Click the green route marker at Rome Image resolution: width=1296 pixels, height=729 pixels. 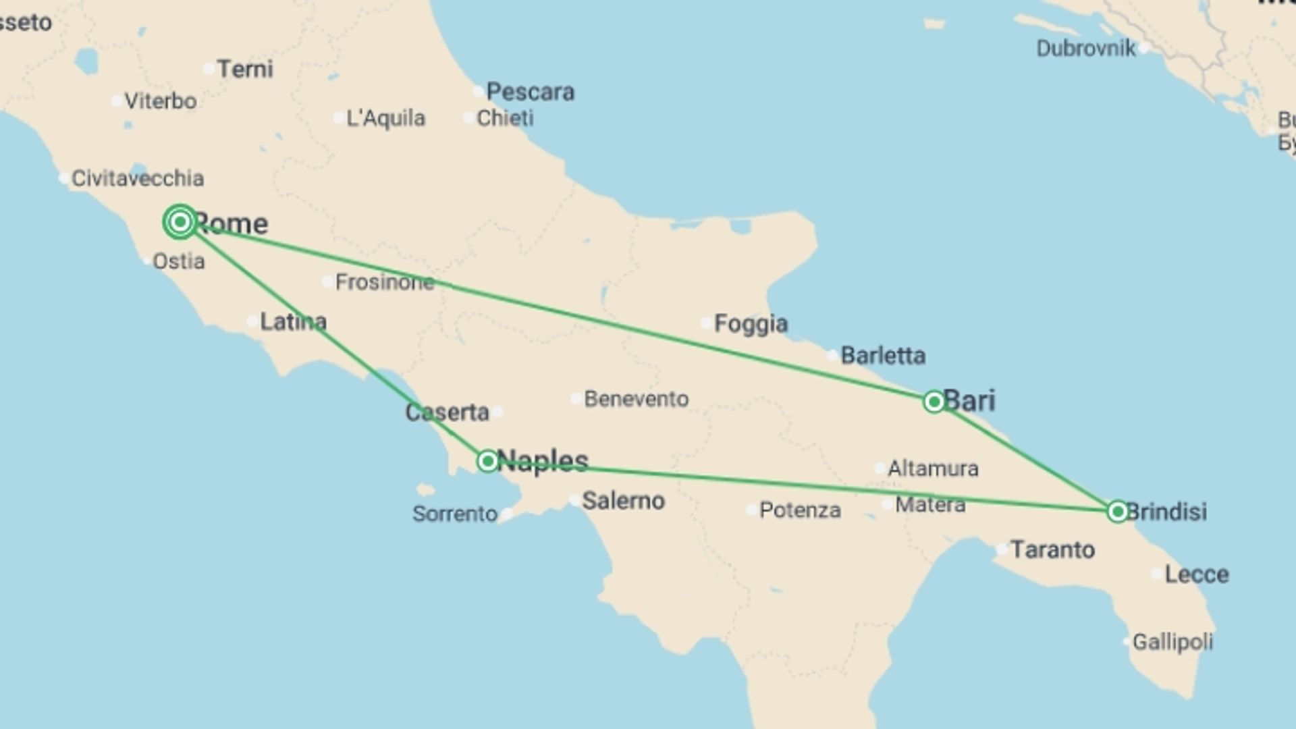pos(180,221)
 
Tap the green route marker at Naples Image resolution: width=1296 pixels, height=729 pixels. pos(487,461)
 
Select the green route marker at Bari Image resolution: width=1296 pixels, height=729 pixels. pos(934,402)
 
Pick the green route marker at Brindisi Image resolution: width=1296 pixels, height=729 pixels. pos(1117,512)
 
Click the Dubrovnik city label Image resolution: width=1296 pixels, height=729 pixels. pos(1085,49)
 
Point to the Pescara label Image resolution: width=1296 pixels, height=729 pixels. pos(530,92)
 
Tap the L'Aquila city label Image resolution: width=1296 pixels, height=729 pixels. pos(385,118)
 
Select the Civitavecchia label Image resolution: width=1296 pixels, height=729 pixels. pos(137,178)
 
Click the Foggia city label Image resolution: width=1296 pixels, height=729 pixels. pos(751,324)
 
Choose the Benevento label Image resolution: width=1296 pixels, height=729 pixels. pos(636,399)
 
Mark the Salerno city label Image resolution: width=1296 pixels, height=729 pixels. pos(623,501)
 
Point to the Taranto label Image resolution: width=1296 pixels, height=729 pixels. pos(1052,550)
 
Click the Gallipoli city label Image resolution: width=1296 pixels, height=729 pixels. pos(1172,641)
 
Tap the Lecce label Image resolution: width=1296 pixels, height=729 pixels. pos(1197,574)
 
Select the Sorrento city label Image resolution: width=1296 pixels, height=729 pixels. pos(455,514)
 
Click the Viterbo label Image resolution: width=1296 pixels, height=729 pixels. pos(161,101)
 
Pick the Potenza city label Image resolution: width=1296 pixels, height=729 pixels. pos(800,510)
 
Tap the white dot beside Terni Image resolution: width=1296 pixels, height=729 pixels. pos(209,68)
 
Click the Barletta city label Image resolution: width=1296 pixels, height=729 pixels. pos(883,356)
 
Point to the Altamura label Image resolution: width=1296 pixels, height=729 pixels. pos(933,468)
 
